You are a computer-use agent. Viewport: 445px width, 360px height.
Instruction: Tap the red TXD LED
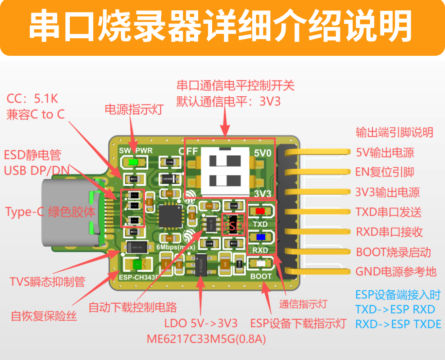(260, 211)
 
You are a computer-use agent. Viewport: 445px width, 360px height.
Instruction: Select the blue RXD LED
(260, 237)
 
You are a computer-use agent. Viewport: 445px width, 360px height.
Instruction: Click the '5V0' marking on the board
(263, 153)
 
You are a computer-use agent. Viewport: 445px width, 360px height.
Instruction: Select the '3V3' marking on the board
(263, 193)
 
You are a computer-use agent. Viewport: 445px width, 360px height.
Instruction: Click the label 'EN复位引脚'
(385, 172)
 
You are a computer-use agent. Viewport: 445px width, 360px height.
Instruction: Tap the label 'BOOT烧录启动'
(393, 252)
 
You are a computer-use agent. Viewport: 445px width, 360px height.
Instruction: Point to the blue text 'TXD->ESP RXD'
(395, 310)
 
